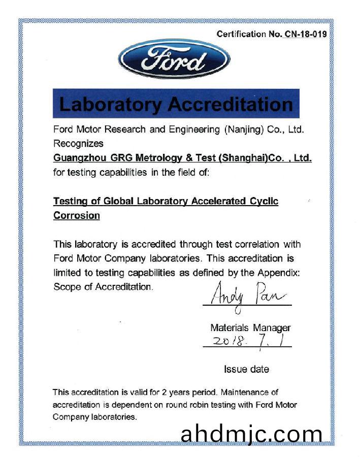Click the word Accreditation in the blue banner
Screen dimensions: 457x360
(x=231, y=104)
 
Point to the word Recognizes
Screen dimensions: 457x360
(x=78, y=144)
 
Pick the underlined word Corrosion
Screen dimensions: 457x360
(x=77, y=215)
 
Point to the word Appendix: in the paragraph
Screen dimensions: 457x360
(x=278, y=273)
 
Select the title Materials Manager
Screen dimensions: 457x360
(x=250, y=328)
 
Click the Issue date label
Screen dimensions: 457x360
(x=246, y=369)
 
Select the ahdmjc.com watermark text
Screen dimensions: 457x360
(x=251, y=434)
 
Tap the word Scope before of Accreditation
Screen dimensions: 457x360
(x=66, y=287)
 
